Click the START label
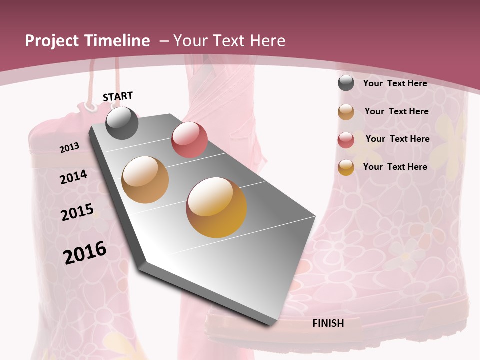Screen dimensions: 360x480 click(x=118, y=96)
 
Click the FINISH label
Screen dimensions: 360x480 click(x=328, y=323)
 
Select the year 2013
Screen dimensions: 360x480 click(x=70, y=148)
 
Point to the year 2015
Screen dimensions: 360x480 click(x=77, y=213)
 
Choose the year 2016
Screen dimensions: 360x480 click(x=85, y=253)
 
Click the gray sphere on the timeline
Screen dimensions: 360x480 click(x=122, y=123)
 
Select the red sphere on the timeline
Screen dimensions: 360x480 click(x=189, y=140)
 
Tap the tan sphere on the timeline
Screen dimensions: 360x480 click(x=145, y=180)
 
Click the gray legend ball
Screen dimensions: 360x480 click(x=346, y=83)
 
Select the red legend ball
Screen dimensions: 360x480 click(x=346, y=140)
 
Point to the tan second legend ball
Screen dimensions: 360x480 click(x=346, y=112)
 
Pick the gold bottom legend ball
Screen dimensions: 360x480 click(x=346, y=167)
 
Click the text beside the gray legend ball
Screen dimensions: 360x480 click(x=395, y=83)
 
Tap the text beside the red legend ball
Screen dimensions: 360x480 click(x=397, y=139)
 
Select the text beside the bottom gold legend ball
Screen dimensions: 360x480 click(x=395, y=167)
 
